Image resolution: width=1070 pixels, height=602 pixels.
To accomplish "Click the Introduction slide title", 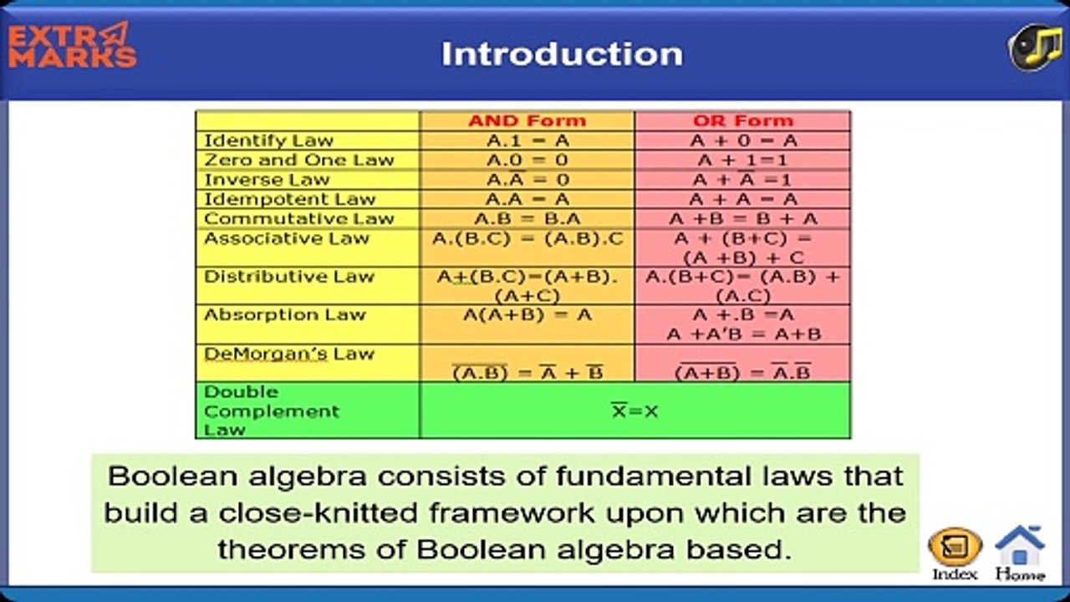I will tap(562, 54).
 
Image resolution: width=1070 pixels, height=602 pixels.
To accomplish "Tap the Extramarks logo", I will tap(72, 46).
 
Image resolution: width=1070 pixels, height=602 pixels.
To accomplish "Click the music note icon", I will tap(1034, 48).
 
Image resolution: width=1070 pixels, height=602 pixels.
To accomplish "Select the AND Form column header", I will tap(527, 120).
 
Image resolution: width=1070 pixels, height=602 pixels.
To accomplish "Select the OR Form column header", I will tap(742, 120).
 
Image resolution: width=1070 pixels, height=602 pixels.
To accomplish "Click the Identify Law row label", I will tap(269, 140).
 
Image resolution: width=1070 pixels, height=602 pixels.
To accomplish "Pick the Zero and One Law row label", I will tap(299, 160).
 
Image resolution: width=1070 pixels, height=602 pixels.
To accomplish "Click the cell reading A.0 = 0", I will tap(527, 160).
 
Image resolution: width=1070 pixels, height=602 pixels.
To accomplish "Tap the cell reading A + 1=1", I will tap(742, 160).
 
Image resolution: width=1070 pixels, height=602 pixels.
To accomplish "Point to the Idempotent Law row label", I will tap(290, 199).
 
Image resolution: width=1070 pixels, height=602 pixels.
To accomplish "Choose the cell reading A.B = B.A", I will tap(527, 219).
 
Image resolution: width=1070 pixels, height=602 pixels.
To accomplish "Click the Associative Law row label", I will tap(287, 238).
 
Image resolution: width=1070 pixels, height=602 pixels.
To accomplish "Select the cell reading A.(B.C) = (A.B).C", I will tap(527, 239).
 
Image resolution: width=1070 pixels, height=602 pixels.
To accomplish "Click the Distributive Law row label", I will tap(289, 277).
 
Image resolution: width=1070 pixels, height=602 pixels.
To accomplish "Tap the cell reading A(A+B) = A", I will tap(527, 315).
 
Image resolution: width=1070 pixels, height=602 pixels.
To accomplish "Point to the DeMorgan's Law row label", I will tap(289, 355).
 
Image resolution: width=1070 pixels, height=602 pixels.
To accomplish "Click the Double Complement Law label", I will tap(272, 411).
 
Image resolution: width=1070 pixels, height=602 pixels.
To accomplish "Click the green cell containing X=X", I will tap(634, 411).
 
